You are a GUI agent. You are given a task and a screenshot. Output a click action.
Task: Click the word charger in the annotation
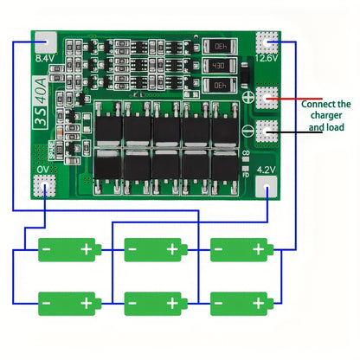326,114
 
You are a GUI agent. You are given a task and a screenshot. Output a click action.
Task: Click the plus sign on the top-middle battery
171,250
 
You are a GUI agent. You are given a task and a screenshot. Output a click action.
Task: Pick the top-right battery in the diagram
242,250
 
